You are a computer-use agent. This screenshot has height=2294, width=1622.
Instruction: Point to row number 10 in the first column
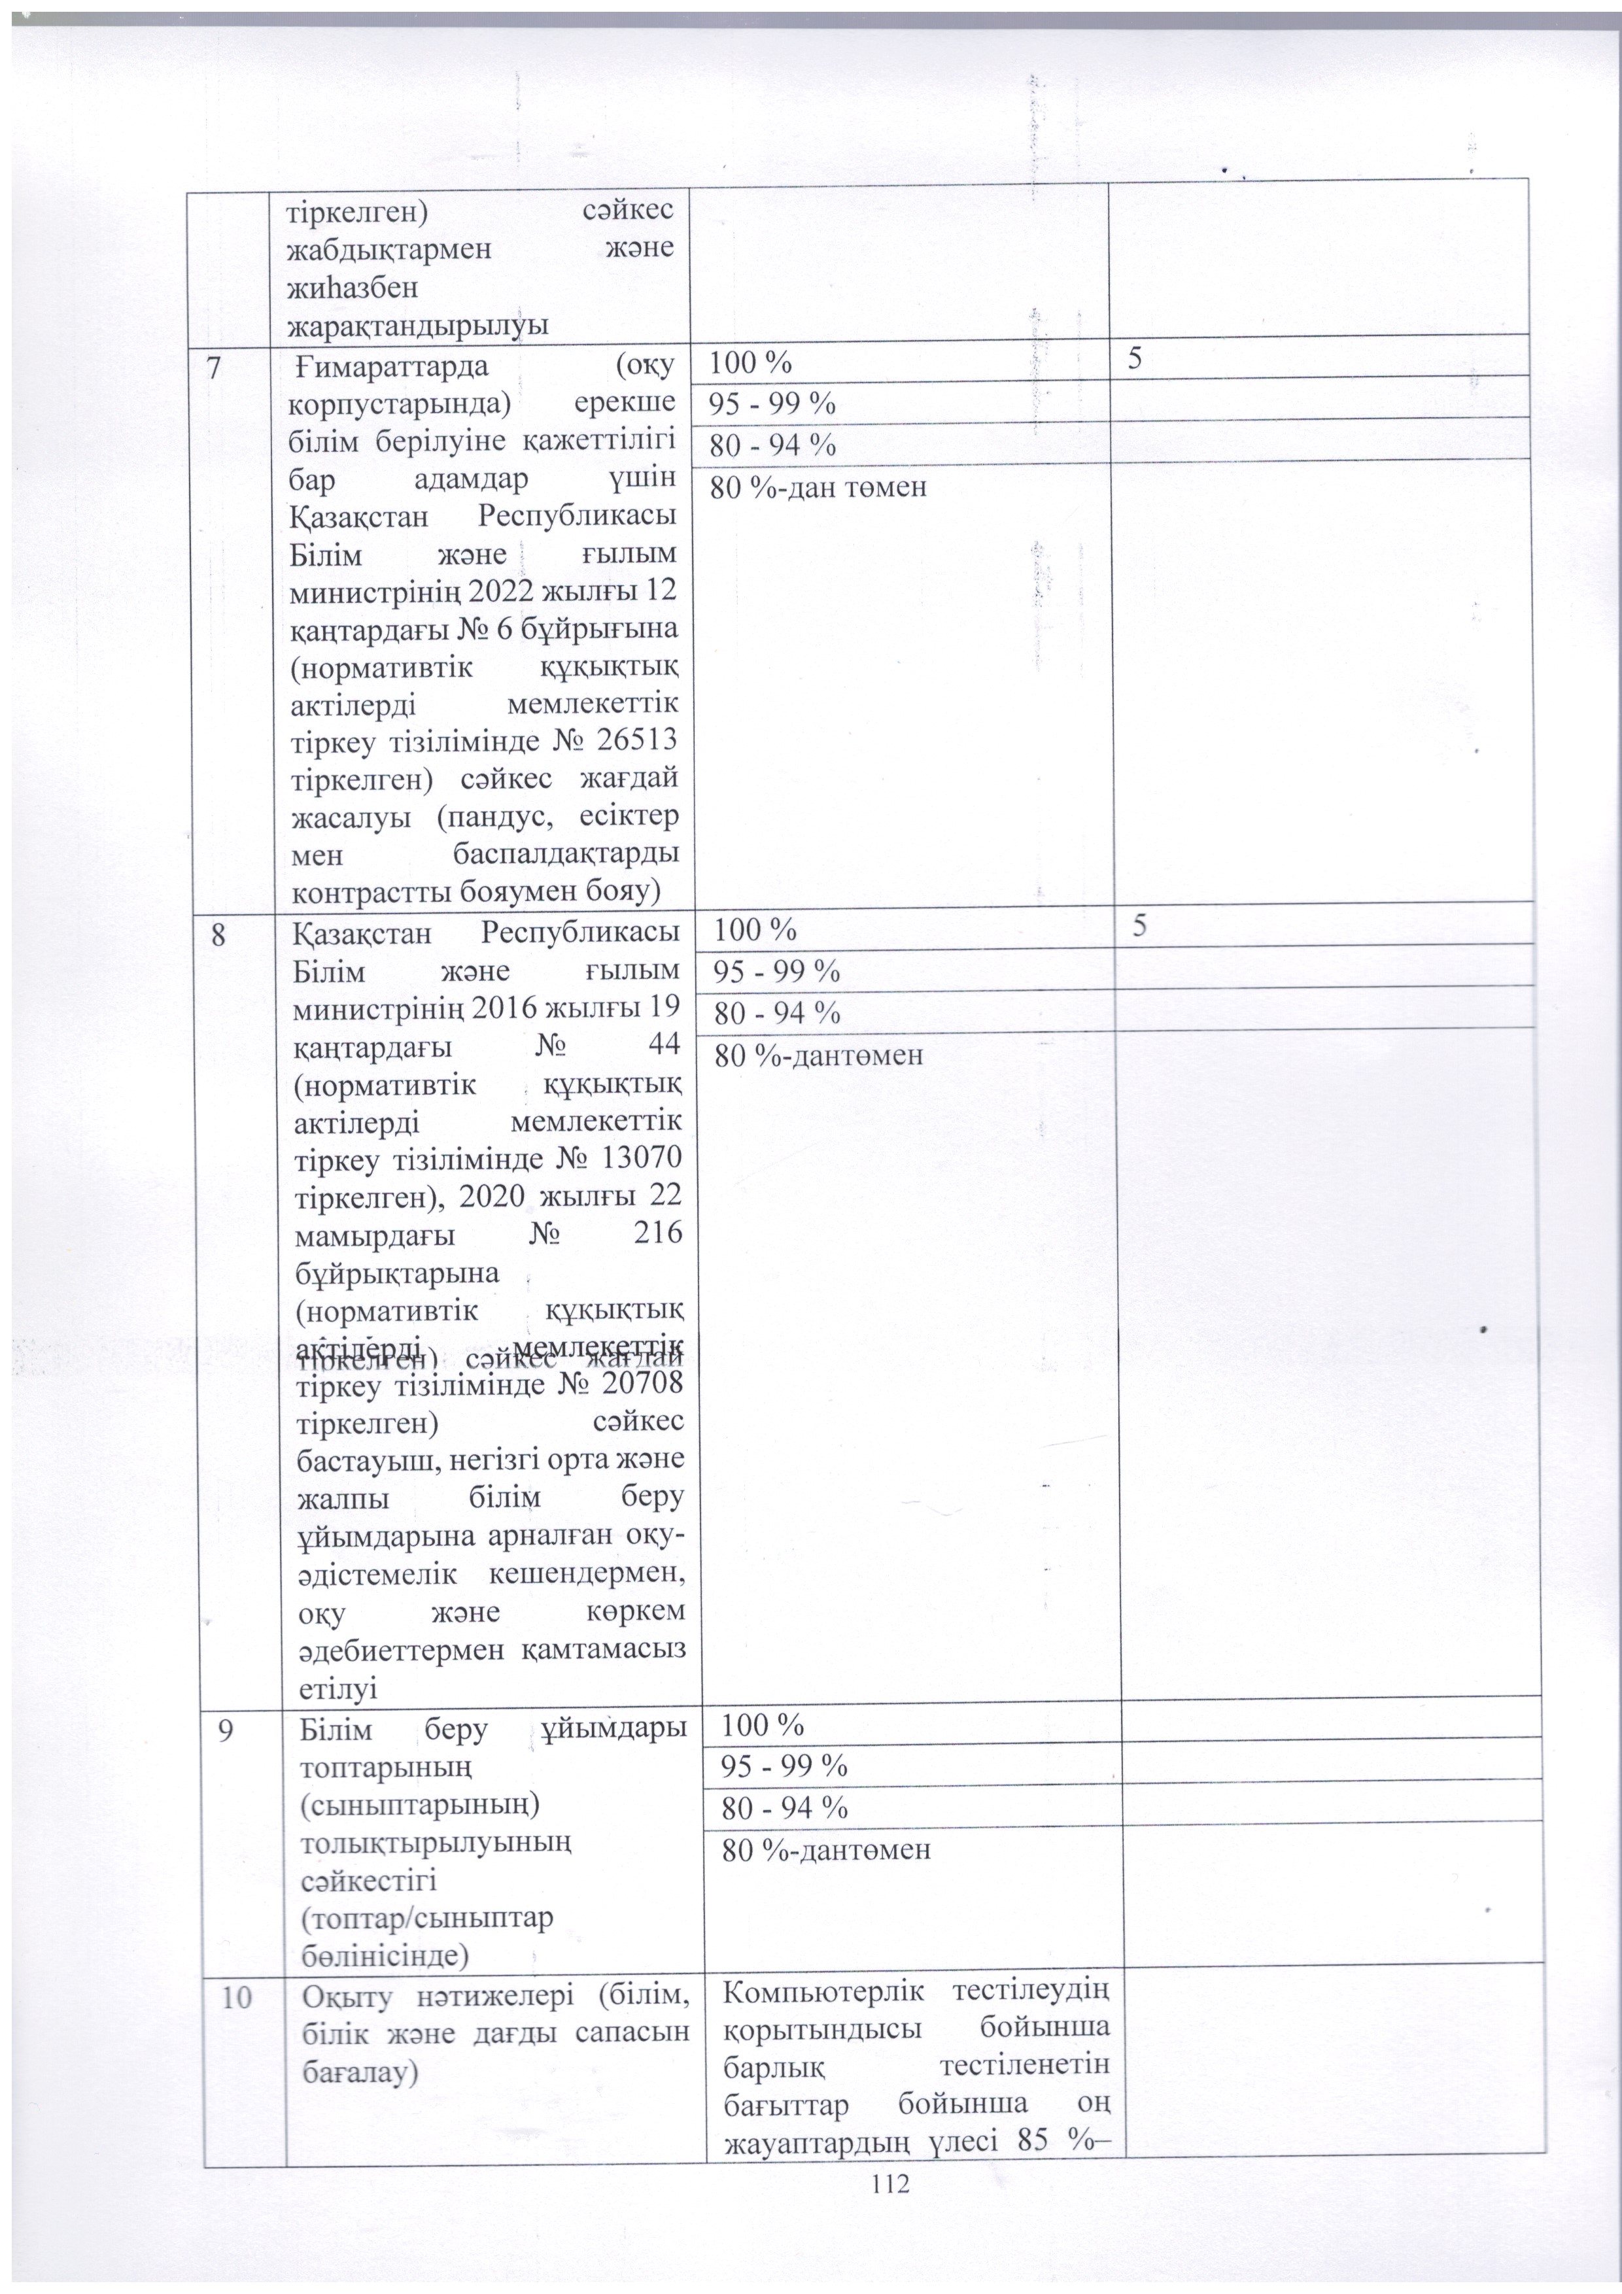236,1995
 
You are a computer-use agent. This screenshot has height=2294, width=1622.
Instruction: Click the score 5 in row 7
1135,361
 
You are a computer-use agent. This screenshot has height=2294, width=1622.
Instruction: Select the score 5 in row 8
1140,926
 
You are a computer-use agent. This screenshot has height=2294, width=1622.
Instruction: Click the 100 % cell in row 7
750,363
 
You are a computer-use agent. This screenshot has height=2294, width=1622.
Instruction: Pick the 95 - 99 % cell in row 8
776,970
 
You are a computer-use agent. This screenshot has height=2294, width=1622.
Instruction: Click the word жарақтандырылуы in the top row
418,326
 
